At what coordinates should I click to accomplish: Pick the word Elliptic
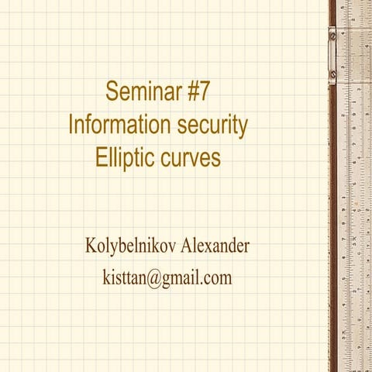[126, 157]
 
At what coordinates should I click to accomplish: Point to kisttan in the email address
[122, 277]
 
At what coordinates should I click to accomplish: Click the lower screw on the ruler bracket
[332, 76]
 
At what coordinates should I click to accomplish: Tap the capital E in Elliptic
[101, 157]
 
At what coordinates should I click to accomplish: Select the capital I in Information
[71, 125]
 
